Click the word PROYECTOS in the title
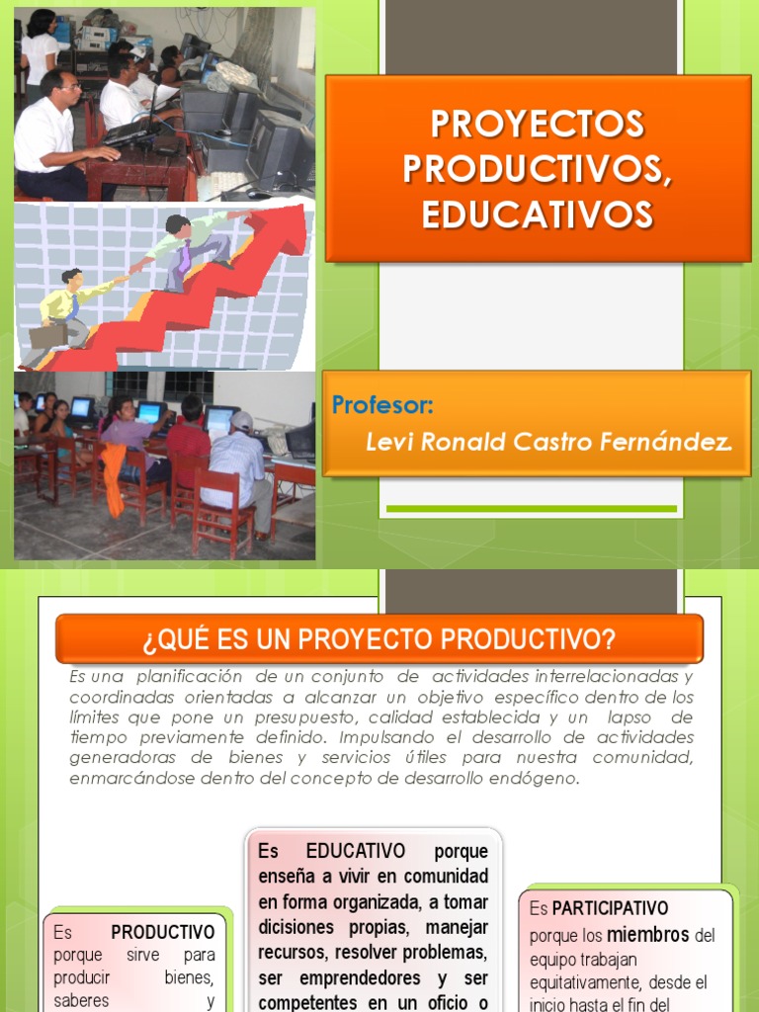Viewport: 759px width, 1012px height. pos(538,125)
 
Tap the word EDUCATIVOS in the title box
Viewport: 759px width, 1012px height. pos(538,214)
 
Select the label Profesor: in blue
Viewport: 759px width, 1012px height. pos(382,405)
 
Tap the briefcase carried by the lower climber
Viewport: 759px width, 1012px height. pos(47,336)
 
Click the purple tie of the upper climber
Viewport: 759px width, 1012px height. pos(185,259)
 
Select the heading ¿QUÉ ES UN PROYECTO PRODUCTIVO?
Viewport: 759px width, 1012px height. pos(379,639)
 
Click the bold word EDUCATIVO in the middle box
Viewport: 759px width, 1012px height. pos(356,851)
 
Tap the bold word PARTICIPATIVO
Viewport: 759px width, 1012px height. pos(610,907)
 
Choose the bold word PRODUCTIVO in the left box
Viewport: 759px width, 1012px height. pos(163,932)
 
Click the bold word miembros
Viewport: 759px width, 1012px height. pos(647,934)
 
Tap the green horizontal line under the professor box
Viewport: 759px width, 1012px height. pos(531,509)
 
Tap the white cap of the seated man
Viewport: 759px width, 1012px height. pos(241,420)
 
